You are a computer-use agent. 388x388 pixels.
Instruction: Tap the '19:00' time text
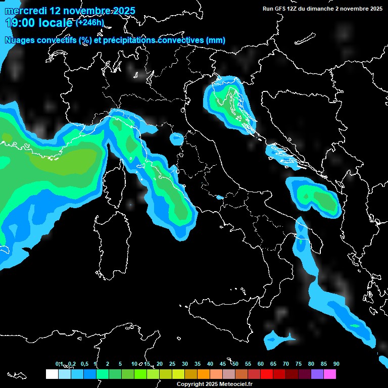click(x=19, y=23)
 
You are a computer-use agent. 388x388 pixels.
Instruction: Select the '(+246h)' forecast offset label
click(x=90, y=22)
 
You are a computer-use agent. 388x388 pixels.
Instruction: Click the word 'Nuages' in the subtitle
click(x=19, y=40)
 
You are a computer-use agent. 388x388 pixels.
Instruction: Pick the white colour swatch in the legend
click(x=52, y=374)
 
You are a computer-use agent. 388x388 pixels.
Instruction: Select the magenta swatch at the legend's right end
click(x=330, y=374)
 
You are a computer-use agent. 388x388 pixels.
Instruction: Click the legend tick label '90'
click(x=336, y=364)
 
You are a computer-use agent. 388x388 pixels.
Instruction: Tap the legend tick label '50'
click(x=235, y=364)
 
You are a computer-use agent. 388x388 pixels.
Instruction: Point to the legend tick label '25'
click(x=172, y=364)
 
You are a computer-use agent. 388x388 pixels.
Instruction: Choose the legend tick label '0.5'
click(x=84, y=364)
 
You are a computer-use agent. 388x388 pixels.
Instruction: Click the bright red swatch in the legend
click(x=267, y=374)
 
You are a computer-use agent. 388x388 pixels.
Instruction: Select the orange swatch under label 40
click(x=204, y=374)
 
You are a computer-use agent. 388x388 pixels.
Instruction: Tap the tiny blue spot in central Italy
click(x=219, y=197)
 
